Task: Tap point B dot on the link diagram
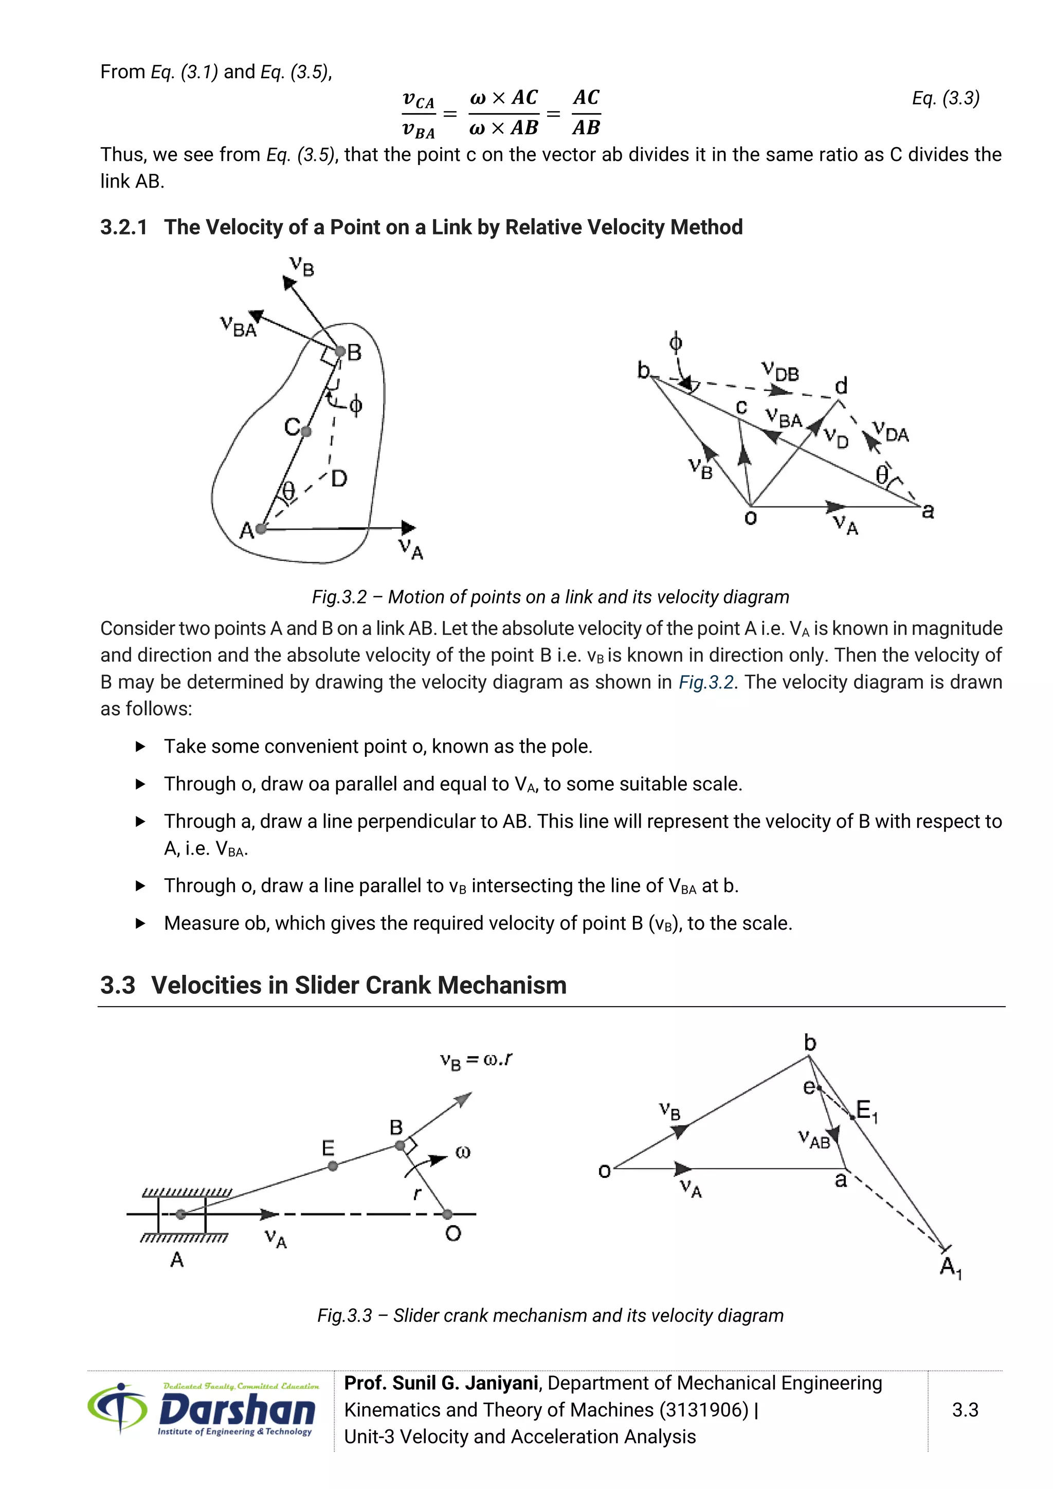[x=340, y=352]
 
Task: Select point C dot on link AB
[x=306, y=431]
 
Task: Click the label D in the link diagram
[x=339, y=479]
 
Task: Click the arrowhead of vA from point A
[x=408, y=528]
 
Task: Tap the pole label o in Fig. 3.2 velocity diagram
[x=750, y=518]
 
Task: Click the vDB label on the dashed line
[x=780, y=372]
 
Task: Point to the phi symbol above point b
[x=675, y=342]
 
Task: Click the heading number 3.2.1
[x=123, y=228]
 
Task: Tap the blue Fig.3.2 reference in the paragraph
[x=705, y=682]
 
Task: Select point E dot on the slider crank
[x=333, y=1166]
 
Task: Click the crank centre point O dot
[x=447, y=1214]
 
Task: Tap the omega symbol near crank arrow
[x=462, y=1152]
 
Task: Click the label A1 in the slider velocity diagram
[x=951, y=1266]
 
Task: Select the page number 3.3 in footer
[x=965, y=1410]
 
